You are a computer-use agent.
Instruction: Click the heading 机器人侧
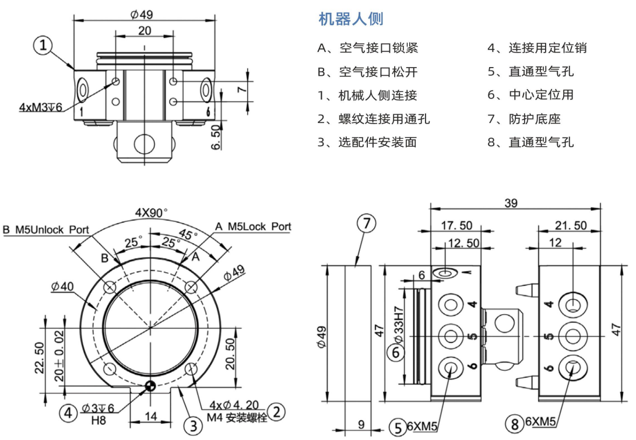(x=350, y=19)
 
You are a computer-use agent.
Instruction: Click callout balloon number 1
(x=44, y=45)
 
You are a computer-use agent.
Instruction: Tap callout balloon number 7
(x=366, y=223)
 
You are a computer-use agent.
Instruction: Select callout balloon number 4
(x=69, y=413)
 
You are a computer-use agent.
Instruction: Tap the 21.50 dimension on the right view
(x=570, y=226)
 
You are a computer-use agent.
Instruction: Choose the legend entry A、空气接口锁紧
(x=367, y=48)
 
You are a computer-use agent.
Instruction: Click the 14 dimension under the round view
(x=150, y=416)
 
